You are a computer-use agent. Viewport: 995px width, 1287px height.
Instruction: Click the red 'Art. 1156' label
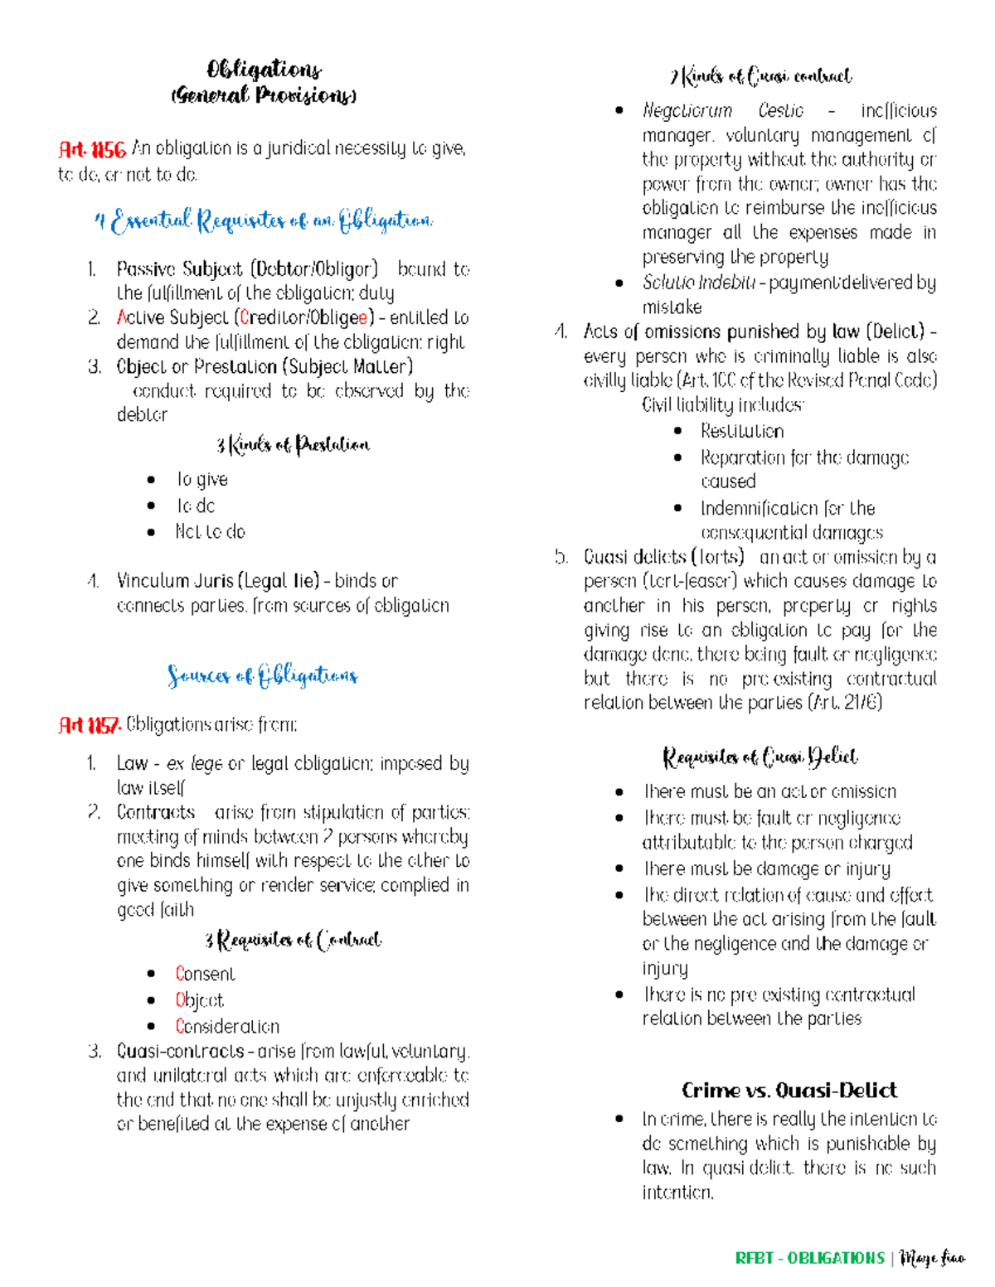point(92,149)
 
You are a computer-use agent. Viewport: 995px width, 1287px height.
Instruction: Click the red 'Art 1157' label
point(90,726)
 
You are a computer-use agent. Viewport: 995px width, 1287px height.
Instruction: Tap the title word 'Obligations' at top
point(264,69)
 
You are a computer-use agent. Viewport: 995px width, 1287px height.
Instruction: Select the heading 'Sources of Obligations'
point(262,675)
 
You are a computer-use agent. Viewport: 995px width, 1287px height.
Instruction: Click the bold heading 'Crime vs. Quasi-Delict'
point(789,1090)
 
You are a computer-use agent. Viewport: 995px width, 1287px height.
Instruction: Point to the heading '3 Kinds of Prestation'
point(293,446)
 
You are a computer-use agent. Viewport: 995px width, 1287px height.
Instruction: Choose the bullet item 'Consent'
point(205,974)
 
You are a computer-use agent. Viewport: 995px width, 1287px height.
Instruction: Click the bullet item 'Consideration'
point(227,1026)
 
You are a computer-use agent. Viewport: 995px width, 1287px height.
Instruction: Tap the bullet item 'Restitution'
point(741,431)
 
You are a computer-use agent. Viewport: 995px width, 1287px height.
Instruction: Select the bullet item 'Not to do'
point(210,531)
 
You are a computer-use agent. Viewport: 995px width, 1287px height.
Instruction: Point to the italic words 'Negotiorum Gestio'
point(722,111)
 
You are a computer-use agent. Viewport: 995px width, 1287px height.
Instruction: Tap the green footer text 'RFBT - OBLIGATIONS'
point(809,1258)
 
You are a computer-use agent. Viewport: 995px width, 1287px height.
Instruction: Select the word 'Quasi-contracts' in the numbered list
point(180,1052)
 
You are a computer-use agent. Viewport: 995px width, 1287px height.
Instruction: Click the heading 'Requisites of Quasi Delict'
point(760,757)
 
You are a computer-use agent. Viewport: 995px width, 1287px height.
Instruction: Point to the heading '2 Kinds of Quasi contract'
point(760,77)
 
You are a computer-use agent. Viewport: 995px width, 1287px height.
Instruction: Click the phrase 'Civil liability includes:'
point(722,405)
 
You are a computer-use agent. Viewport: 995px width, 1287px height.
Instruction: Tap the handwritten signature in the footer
point(933,1259)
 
